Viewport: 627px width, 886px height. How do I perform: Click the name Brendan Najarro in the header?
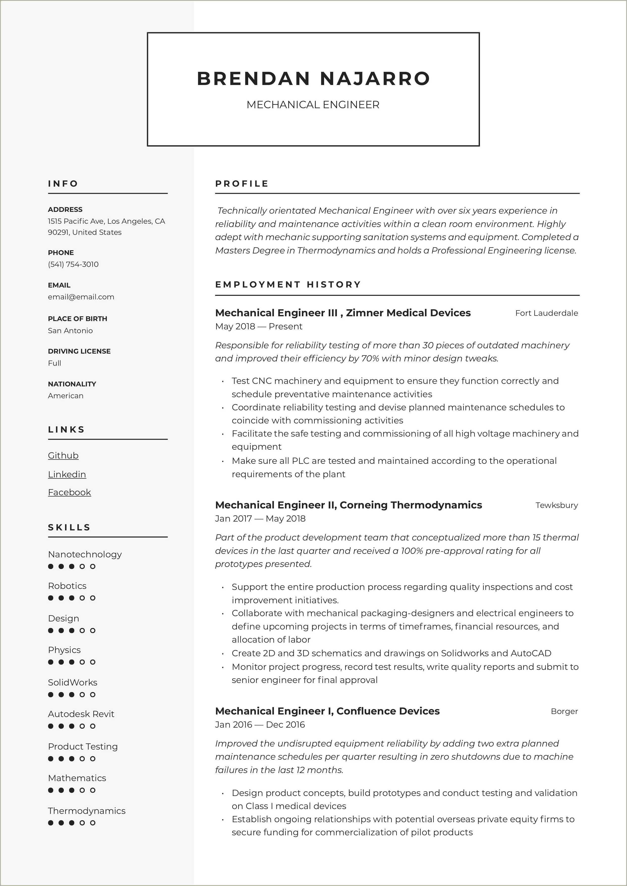click(x=313, y=78)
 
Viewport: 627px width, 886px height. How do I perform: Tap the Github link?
click(x=63, y=455)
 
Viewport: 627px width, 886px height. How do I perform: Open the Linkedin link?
click(x=67, y=474)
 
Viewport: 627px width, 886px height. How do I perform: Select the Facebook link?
click(x=70, y=492)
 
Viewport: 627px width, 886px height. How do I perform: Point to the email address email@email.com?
click(x=81, y=297)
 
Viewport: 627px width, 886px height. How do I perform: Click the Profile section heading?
click(x=242, y=184)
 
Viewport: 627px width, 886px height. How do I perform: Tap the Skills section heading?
click(x=69, y=527)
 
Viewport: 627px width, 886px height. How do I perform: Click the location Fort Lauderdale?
click(x=546, y=313)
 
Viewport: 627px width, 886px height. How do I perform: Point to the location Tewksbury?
click(x=556, y=505)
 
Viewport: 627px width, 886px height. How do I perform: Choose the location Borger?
click(x=564, y=711)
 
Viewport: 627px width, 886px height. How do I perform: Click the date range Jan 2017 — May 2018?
click(x=260, y=519)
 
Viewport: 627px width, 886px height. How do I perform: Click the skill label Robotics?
click(x=67, y=586)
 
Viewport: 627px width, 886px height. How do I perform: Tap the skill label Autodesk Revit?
click(x=81, y=714)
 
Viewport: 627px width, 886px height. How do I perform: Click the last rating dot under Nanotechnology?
click(x=93, y=566)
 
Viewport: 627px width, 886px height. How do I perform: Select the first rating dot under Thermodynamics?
click(x=51, y=823)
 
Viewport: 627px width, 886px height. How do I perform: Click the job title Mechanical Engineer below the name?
click(x=313, y=105)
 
